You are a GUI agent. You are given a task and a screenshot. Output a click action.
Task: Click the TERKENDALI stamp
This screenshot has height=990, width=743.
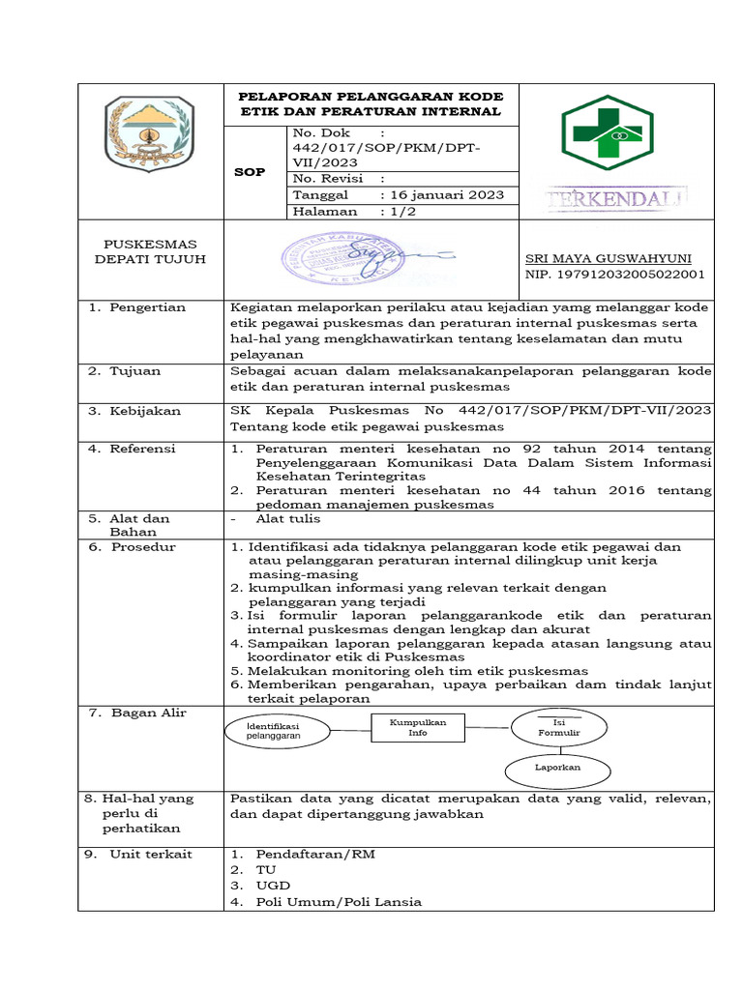pos(616,199)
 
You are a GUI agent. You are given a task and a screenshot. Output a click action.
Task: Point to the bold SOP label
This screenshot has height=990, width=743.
pos(249,172)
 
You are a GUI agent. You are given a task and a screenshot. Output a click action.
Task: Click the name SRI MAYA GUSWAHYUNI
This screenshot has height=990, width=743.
pos(608,259)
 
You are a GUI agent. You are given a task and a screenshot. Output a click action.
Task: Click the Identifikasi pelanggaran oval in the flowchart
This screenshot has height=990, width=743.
pos(274,731)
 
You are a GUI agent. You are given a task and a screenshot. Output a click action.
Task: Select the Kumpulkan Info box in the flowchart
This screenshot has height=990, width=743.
pos(417,727)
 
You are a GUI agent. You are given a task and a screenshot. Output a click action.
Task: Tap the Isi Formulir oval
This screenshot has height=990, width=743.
pos(558,728)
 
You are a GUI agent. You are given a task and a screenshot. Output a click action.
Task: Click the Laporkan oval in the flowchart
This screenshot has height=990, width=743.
pos(557,768)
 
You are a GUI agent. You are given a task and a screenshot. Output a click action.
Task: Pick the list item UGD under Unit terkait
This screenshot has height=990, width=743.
pos(272,886)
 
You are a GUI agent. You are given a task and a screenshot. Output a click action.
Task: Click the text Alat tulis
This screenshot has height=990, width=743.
pos(280,518)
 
